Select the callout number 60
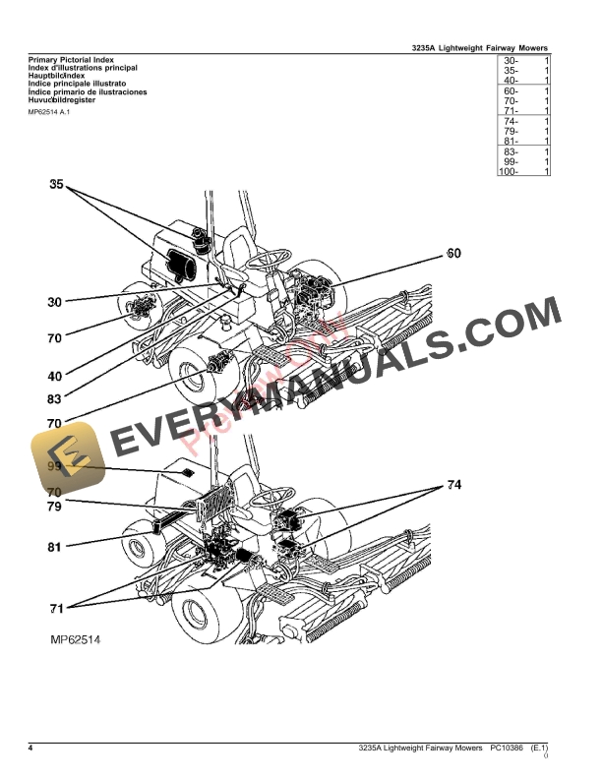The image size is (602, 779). coord(452,254)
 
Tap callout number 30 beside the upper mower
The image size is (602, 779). coord(54,302)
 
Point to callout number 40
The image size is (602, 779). coord(54,376)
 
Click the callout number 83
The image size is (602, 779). coord(54,399)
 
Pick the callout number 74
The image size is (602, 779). coord(453,485)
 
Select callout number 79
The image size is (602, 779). coord(54,507)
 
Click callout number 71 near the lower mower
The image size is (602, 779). coord(56,606)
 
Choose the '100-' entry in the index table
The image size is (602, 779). coord(509,172)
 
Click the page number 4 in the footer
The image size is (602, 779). coord(30,749)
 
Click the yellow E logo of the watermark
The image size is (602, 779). coord(66,465)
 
